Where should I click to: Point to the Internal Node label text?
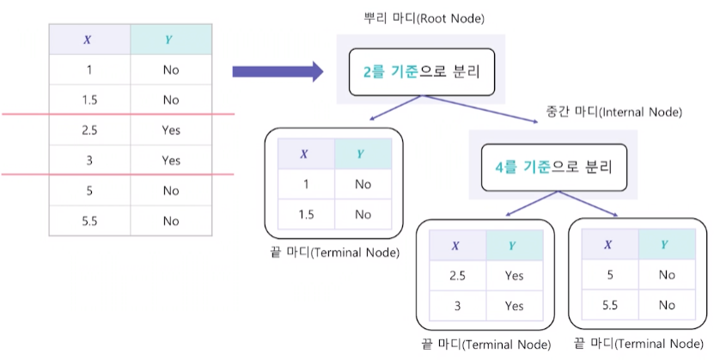click(613, 112)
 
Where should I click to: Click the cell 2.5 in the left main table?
click(90, 131)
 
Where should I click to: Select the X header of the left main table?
click(90, 40)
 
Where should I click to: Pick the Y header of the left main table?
click(170, 40)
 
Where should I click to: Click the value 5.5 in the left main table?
click(90, 221)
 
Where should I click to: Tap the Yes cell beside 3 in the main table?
click(170, 161)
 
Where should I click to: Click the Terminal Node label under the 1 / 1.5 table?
click(335, 253)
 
